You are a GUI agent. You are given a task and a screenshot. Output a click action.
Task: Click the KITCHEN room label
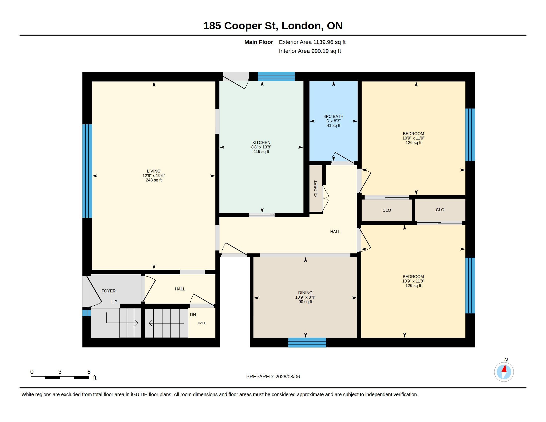261,142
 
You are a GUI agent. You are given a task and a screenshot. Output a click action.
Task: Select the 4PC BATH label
333,116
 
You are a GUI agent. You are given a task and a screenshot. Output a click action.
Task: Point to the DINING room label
305,293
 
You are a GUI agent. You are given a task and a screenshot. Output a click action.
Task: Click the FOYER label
108,291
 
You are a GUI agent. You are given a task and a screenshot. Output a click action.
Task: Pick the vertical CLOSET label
316,189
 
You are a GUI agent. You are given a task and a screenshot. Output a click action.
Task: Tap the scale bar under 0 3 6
60,378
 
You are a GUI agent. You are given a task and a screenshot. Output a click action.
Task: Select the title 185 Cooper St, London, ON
273,26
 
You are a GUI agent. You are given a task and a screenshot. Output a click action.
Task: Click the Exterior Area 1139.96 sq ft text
312,42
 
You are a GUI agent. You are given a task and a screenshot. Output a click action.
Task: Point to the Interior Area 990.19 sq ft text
310,51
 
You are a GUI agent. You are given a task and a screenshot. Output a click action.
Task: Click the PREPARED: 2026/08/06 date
273,377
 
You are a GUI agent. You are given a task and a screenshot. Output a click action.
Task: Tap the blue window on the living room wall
87,171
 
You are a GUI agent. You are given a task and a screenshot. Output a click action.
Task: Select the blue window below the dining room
307,343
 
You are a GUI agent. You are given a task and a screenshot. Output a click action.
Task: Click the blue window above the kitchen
276,76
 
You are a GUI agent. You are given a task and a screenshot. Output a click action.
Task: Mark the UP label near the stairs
114,302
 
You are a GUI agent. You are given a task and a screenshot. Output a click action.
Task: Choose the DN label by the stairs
193,315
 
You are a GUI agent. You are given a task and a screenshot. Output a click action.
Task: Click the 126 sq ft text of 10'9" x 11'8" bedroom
413,286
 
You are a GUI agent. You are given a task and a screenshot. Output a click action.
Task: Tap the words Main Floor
259,42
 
